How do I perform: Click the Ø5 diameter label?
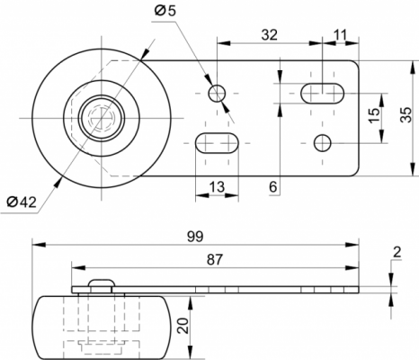[165, 11]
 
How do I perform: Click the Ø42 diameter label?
[22, 202]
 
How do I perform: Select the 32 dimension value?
[270, 35]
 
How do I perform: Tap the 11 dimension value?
[340, 35]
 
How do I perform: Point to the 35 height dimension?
[406, 114]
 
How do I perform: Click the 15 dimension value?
[374, 115]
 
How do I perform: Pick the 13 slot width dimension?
[217, 187]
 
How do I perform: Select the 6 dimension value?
[272, 187]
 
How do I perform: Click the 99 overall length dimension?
[195, 237]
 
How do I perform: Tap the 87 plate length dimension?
[215, 259]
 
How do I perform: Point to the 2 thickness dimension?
[397, 253]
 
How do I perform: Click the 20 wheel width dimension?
[183, 326]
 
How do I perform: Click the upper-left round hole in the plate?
[217, 94]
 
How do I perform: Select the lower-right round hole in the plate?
[323, 143]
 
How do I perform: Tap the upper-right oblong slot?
[323, 94]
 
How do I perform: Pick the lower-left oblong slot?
[217, 143]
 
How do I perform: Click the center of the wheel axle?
[102, 118]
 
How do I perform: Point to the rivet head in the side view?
[102, 283]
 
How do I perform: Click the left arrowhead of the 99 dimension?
[39, 245]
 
